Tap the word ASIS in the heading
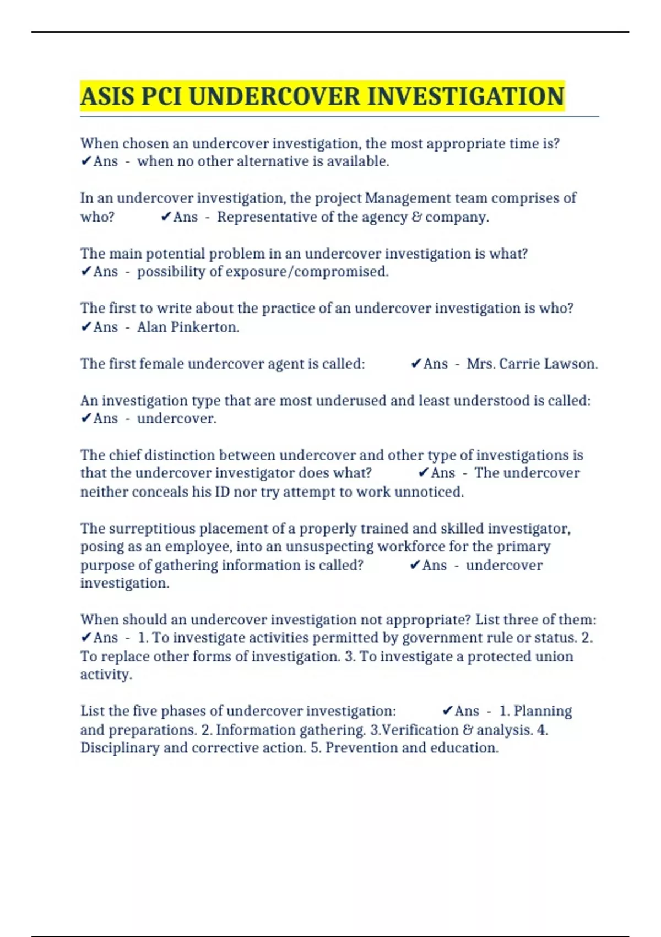[x=107, y=96]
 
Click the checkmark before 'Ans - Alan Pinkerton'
[x=86, y=327]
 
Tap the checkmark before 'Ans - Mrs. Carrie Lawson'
[x=416, y=364]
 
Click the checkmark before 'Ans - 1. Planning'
[x=447, y=711]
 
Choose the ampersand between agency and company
[x=415, y=217]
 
